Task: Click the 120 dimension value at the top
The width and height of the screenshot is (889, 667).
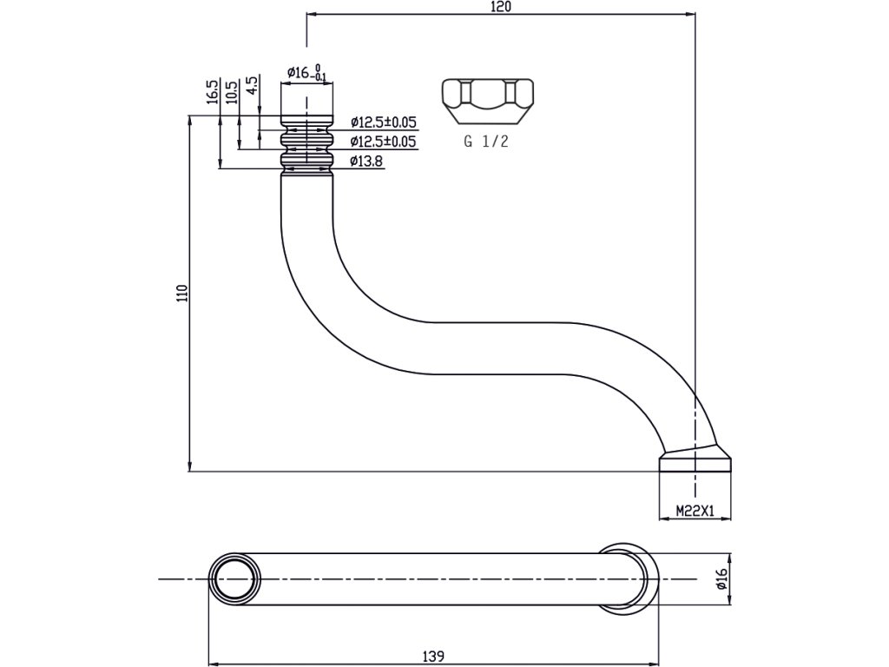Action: (501, 6)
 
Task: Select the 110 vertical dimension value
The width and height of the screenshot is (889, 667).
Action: (181, 294)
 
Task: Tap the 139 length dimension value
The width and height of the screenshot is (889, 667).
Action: (434, 657)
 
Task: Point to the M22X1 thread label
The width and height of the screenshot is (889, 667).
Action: (695, 512)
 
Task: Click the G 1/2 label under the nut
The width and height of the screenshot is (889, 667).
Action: (486, 142)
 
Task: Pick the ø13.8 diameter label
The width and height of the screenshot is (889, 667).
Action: (366, 162)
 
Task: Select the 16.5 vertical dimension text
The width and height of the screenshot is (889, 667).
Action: (212, 92)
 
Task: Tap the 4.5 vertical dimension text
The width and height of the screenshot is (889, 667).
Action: (252, 86)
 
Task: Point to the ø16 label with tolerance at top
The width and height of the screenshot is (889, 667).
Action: (306, 73)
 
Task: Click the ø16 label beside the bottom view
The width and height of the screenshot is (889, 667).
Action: (721, 579)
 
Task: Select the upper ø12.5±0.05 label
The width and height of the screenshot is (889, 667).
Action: (383, 122)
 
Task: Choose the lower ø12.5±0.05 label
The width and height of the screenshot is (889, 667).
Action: (383, 142)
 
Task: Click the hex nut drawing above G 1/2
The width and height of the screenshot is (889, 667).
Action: (488, 101)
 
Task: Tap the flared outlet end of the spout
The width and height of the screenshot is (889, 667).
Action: (695, 459)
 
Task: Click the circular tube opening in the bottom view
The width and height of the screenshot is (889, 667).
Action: (234, 579)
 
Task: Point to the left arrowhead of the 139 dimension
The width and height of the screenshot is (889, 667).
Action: (214, 664)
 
